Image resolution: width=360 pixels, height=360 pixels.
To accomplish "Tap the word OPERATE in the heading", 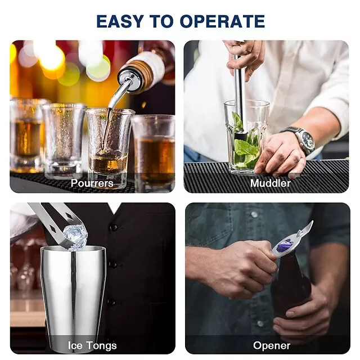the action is tap(223, 21).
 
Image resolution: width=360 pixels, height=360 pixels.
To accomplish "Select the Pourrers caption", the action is tap(92, 183).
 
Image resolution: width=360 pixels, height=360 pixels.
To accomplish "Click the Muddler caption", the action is tap(270, 183).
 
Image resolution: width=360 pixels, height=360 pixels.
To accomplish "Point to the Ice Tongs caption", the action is tap(92, 345).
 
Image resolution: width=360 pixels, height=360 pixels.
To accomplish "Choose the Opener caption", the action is tap(272, 345).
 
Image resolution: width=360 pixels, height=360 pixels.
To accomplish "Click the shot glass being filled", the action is tap(109, 147).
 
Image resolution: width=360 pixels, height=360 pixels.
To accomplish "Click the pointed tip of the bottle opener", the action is tap(312, 222).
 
